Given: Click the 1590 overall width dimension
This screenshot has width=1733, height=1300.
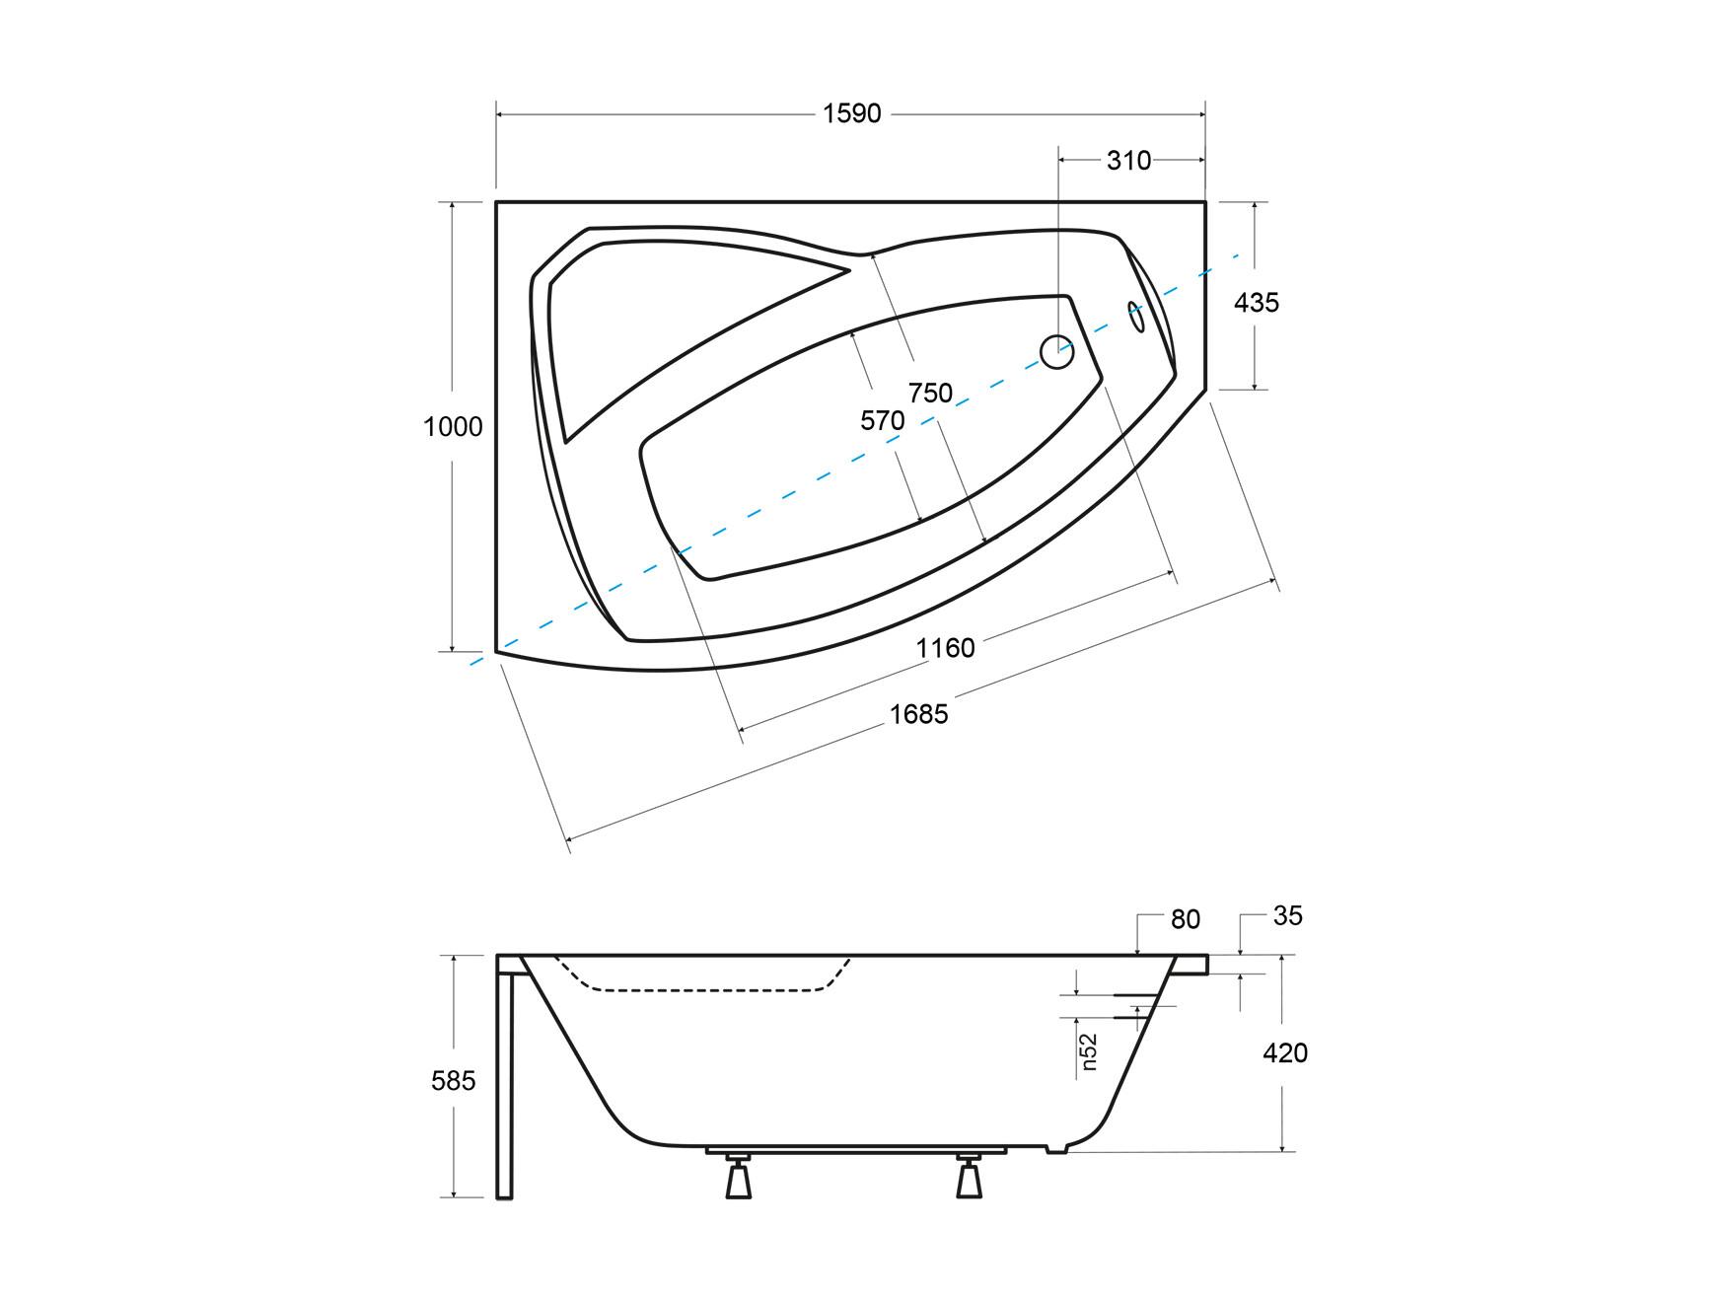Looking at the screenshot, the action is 852,113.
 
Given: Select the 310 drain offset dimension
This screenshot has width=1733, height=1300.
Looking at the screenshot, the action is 1128,160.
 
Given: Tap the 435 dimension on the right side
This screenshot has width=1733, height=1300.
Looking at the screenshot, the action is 1257,302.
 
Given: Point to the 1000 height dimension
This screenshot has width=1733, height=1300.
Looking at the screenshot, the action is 453,426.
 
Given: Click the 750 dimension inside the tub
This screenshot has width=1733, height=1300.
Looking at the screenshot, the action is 930,393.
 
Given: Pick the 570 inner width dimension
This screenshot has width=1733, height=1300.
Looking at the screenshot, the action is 882,420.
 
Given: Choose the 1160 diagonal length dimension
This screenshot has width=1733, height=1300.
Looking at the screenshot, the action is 945,648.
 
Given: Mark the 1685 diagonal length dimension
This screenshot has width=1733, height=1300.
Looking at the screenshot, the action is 918,713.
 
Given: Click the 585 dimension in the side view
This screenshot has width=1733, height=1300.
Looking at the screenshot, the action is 454,1081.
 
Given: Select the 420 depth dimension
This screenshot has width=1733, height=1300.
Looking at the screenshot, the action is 1285,1053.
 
